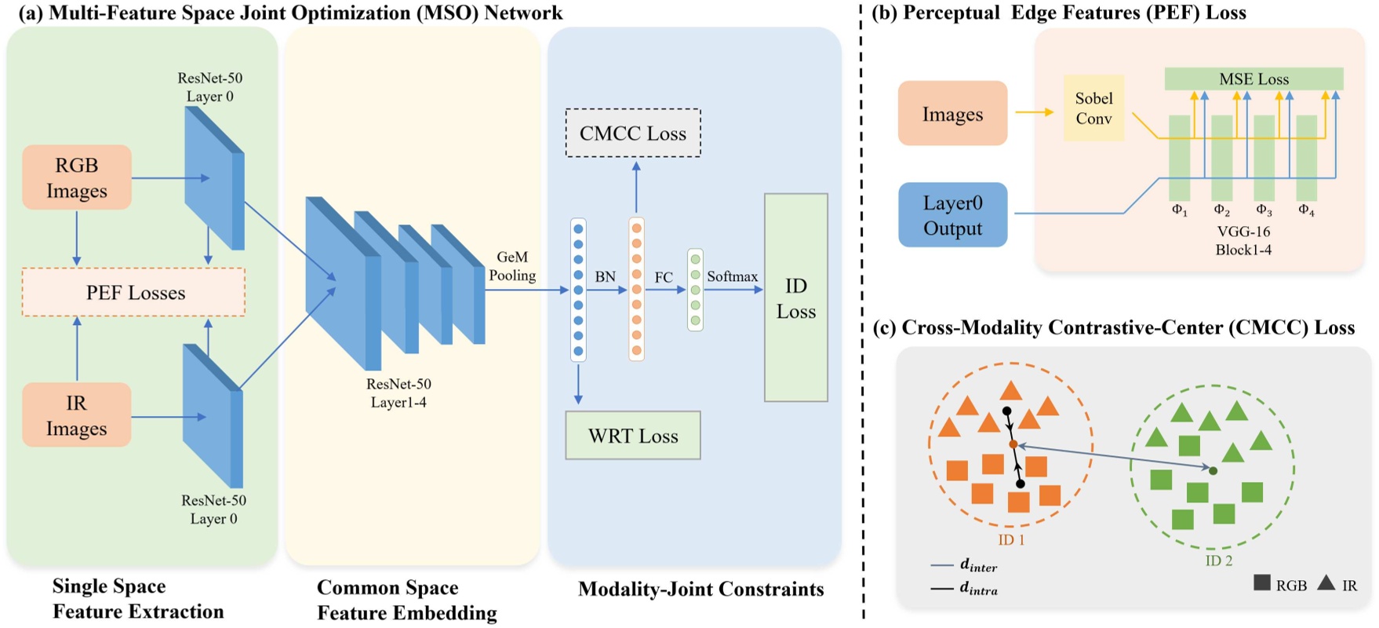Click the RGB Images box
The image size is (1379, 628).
click(x=77, y=177)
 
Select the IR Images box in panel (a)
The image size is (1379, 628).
click(x=77, y=415)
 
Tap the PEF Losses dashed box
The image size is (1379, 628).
click(x=134, y=293)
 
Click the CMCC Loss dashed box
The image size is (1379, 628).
click(x=633, y=133)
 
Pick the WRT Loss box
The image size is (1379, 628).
click(x=633, y=436)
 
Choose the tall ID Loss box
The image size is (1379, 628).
click(x=795, y=298)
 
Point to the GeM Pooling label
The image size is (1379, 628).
click(x=512, y=266)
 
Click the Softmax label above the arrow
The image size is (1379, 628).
click(x=732, y=276)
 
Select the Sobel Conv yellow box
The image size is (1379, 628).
click(x=1093, y=108)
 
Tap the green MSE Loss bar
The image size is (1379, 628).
click(x=1253, y=79)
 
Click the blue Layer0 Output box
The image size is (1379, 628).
click(x=952, y=215)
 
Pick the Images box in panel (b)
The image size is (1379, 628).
click(x=952, y=114)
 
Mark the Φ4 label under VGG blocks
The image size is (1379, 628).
click(x=1306, y=210)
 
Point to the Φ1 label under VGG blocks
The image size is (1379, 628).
click(x=1179, y=210)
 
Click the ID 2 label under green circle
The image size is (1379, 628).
click(x=1218, y=560)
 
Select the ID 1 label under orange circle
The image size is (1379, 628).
click(x=1011, y=540)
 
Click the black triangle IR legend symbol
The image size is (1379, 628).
click(x=1326, y=583)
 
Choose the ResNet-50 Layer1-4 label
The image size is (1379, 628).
click(x=398, y=393)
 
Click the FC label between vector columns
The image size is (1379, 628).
click(x=664, y=278)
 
